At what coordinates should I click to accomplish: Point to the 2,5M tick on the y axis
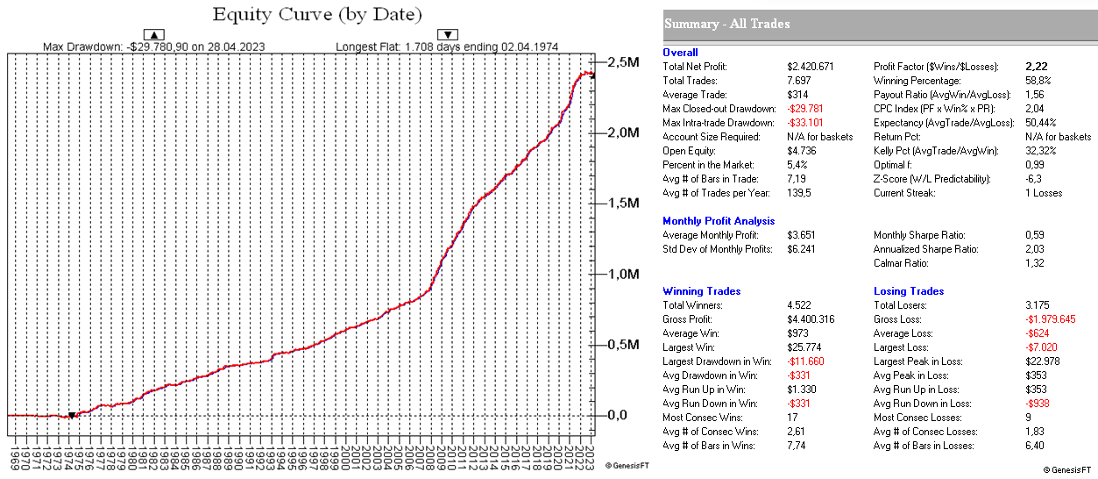click(x=623, y=62)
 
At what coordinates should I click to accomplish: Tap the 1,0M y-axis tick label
click(x=623, y=275)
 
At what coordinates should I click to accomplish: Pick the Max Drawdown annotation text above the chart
click(x=153, y=46)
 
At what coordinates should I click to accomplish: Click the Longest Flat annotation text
click(x=446, y=46)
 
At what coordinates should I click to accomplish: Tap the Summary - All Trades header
click(x=727, y=24)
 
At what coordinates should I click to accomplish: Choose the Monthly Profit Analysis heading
click(x=719, y=221)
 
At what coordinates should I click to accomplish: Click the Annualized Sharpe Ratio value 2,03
click(x=1035, y=249)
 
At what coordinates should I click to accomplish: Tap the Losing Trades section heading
click(x=909, y=291)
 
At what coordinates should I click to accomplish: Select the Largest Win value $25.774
click(x=806, y=347)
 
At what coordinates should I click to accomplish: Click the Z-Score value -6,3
click(x=1033, y=179)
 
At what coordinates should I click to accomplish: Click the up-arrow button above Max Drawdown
click(x=153, y=34)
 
